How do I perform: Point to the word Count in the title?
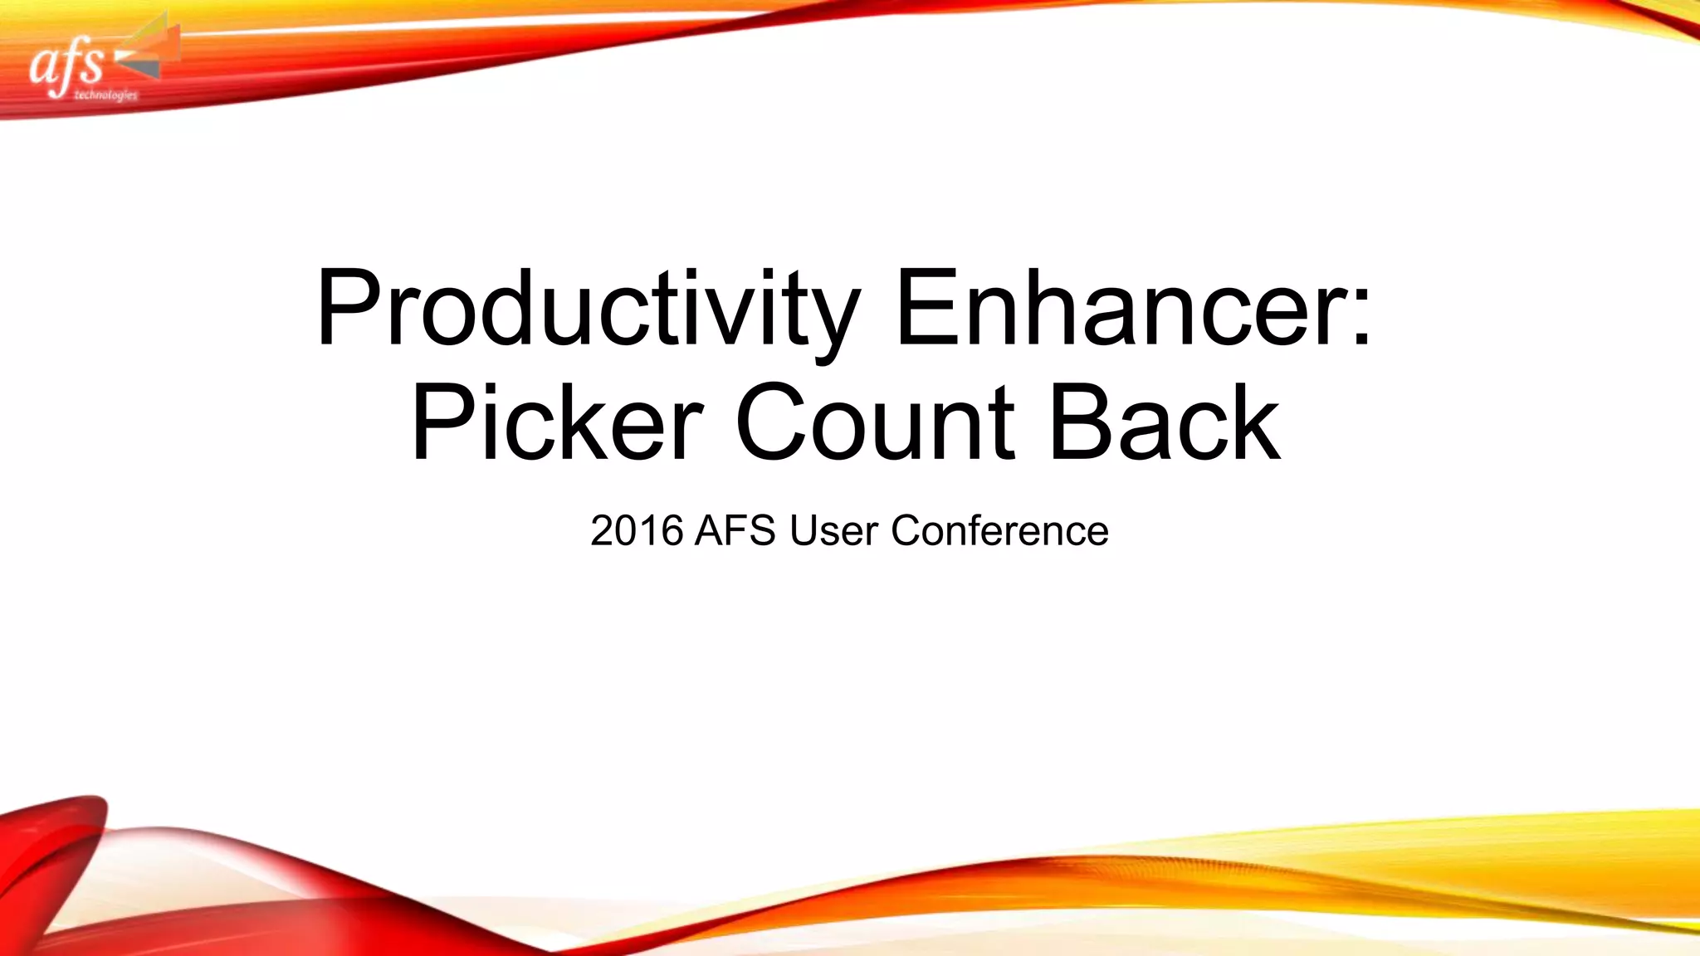875,423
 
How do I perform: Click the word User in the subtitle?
833,531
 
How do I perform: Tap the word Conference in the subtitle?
999,531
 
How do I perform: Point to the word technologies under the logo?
105,95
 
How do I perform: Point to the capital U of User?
805,531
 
